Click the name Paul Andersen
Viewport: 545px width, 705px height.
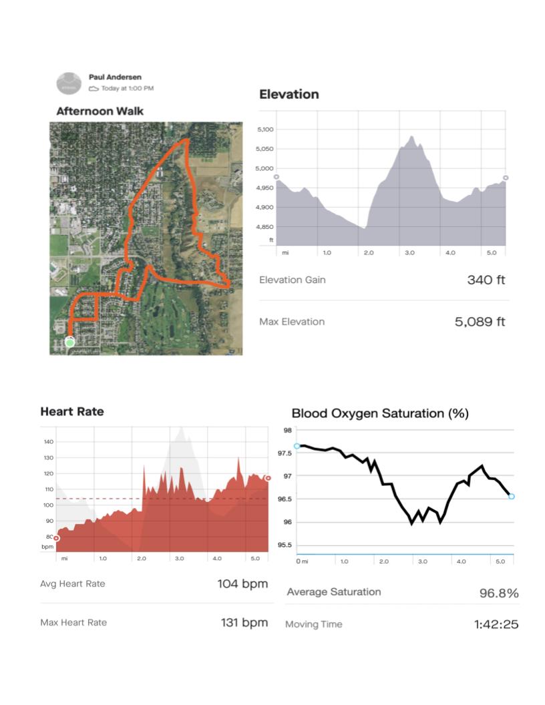coord(114,77)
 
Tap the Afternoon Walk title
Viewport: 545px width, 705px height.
coord(100,111)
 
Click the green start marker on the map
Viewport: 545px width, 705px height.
coord(69,342)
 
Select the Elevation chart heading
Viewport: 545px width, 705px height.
coord(289,94)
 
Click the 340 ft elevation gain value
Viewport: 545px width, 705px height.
coord(486,280)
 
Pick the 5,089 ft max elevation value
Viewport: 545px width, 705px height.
coord(480,322)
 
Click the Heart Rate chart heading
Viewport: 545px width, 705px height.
coord(72,411)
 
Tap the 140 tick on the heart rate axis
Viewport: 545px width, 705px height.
coord(48,442)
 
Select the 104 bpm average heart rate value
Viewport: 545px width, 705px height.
coord(242,584)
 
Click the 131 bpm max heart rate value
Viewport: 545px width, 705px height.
coord(244,623)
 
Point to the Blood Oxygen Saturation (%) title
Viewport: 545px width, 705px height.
coord(380,414)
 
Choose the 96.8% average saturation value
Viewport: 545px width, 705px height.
coord(498,593)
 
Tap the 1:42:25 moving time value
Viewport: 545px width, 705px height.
coord(496,625)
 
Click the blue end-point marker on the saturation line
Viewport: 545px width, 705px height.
coord(512,497)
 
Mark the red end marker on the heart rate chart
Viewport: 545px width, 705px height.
coord(268,478)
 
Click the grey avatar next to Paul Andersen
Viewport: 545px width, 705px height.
coord(69,83)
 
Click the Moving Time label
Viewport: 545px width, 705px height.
coord(313,624)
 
